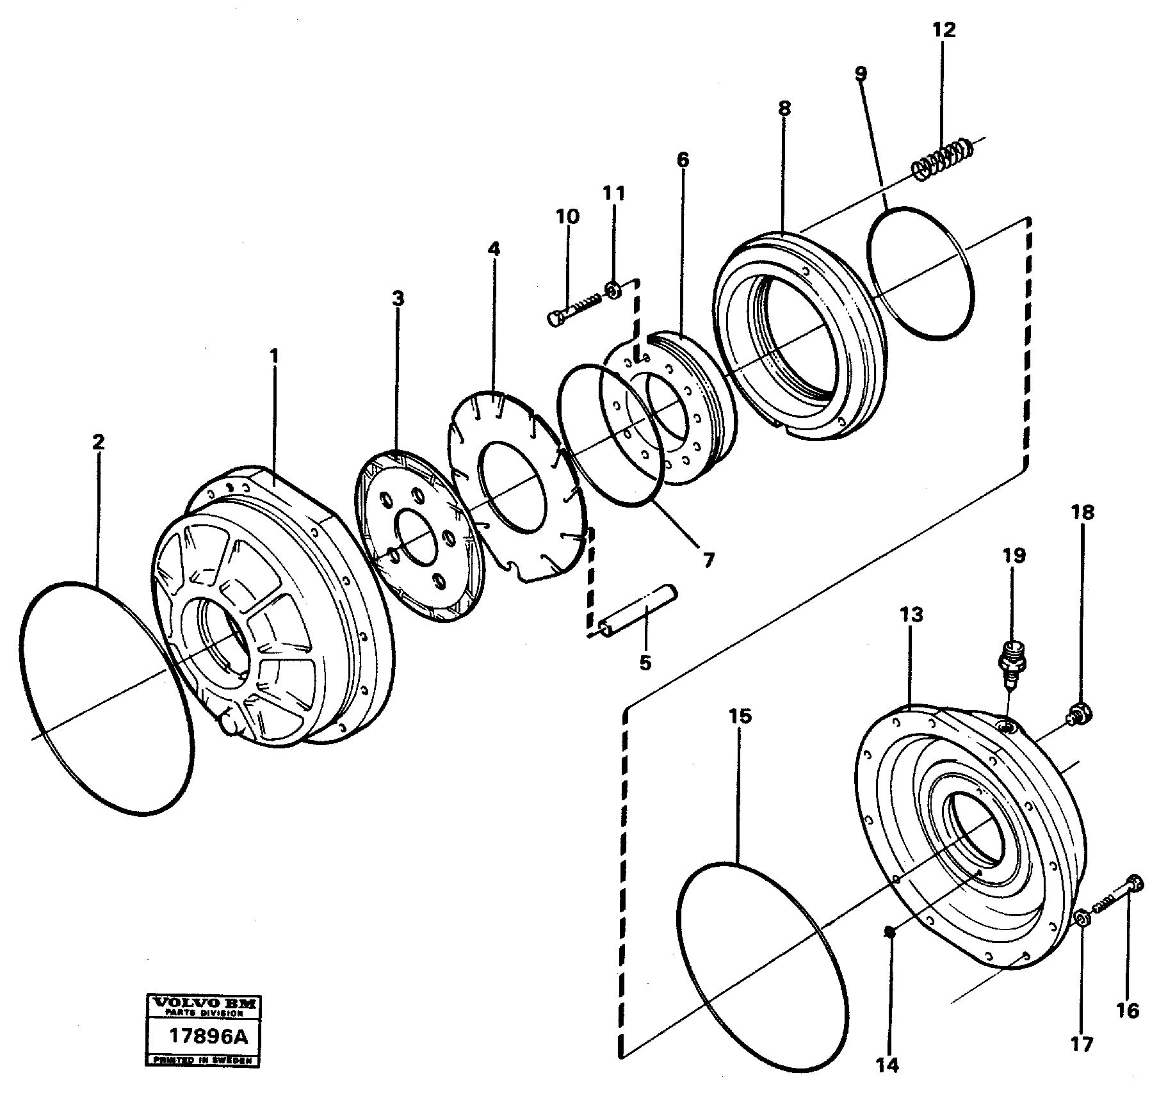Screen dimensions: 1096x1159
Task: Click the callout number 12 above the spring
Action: (x=943, y=30)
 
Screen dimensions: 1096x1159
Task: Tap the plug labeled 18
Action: (x=1080, y=713)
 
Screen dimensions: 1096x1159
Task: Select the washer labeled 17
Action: (x=1081, y=921)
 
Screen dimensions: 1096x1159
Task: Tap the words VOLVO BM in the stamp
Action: (x=203, y=1004)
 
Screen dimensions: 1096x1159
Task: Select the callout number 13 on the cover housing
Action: (x=911, y=615)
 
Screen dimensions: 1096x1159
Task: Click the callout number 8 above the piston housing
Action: (x=784, y=108)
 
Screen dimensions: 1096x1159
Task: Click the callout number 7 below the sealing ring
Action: (x=708, y=560)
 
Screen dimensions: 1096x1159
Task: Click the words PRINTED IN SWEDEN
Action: (x=203, y=1060)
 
